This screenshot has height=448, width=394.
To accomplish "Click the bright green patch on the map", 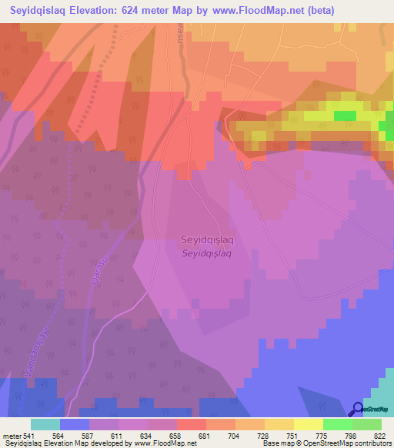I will [345, 115].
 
